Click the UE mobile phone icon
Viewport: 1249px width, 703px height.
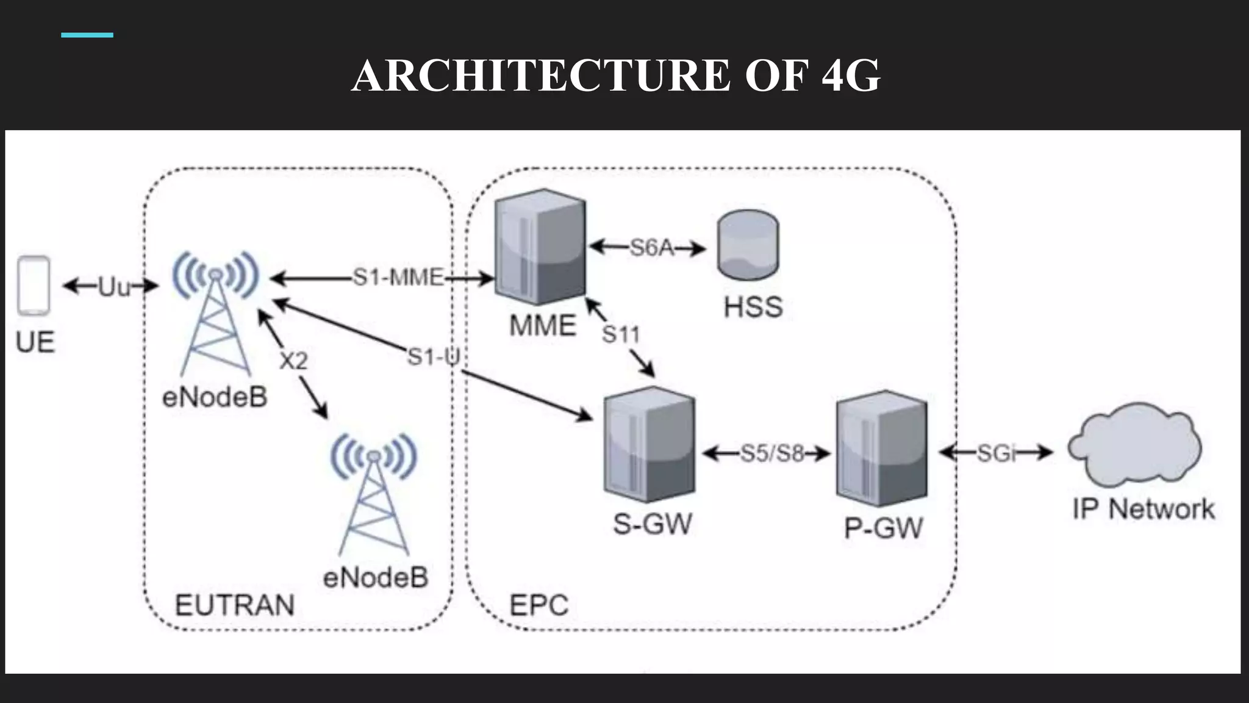tap(34, 286)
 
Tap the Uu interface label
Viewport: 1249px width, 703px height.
tap(114, 287)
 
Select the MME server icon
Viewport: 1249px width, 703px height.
tap(540, 247)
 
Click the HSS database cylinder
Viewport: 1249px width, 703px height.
tap(748, 245)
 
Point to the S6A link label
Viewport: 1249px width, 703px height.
tap(651, 248)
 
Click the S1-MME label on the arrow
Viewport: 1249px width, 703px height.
tap(398, 278)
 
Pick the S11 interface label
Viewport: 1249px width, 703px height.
tap(621, 334)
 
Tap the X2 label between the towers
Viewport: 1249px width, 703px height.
tap(293, 361)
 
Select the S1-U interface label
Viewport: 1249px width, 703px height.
tap(434, 357)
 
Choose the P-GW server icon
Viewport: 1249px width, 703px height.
tap(881, 449)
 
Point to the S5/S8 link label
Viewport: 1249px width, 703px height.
tap(771, 453)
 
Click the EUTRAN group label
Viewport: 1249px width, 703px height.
tap(235, 605)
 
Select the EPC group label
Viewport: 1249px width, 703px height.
tap(539, 605)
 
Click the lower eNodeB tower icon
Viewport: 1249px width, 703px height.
tap(374, 494)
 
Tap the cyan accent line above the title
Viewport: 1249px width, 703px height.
tap(87, 35)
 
